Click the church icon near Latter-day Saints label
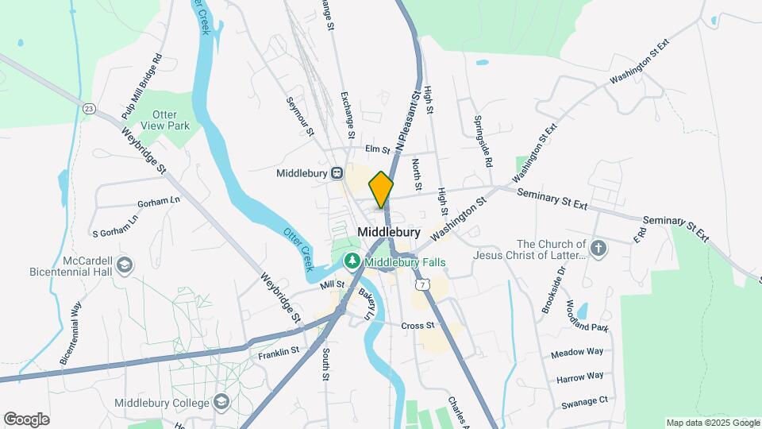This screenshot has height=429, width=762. click(599, 249)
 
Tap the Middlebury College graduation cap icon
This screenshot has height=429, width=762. click(221, 402)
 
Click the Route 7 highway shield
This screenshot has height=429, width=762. click(418, 283)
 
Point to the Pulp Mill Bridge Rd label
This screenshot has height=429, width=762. click(142, 87)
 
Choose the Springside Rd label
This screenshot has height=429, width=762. click(483, 141)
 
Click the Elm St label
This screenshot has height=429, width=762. click(378, 149)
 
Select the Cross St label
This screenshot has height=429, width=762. click(418, 326)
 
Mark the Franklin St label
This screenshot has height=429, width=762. click(278, 350)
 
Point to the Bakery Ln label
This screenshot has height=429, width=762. click(366, 304)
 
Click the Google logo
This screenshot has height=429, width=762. click(26, 419)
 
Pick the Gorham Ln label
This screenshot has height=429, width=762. click(159, 202)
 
